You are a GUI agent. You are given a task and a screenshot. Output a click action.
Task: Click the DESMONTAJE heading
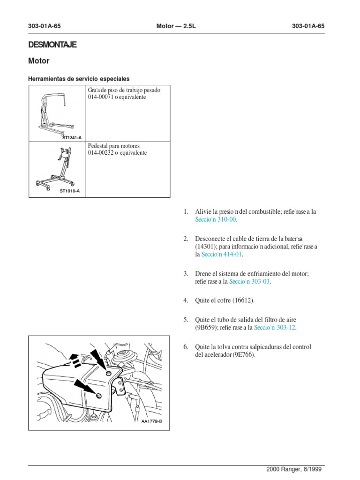(52, 45)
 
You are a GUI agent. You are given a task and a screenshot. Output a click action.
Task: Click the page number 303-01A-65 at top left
(45, 27)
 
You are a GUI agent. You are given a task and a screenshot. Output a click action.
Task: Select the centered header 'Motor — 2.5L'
(176, 27)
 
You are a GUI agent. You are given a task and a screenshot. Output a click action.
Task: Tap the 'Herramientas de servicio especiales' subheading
(79, 79)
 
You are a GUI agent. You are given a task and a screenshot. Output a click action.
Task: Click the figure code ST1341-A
(71, 138)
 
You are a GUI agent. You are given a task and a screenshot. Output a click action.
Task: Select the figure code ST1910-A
(70, 191)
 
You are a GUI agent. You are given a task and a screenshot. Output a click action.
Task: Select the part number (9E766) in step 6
(244, 355)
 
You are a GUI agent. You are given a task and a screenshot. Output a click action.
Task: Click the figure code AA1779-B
(151, 421)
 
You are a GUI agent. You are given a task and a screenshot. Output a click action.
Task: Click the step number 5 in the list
(186, 320)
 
